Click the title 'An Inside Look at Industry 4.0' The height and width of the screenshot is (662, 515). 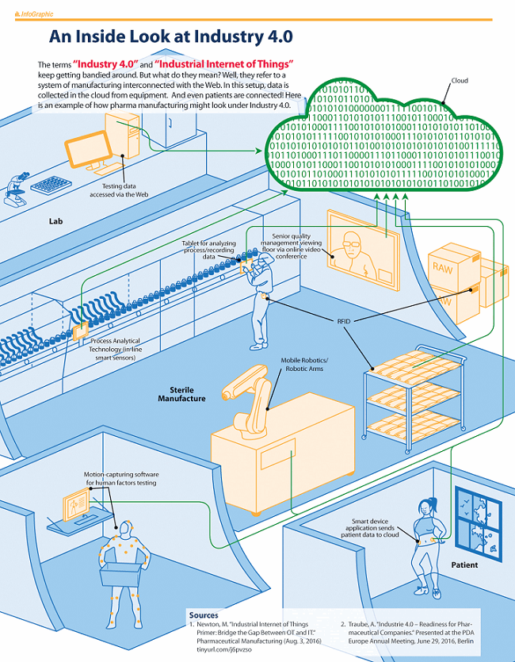pos(171,36)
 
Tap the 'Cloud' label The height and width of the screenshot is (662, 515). pos(460,81)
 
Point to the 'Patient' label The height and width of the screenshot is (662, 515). pos(464,565)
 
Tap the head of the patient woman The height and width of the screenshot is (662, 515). pos(419,505)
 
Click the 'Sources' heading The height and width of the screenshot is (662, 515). pos(204,614)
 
